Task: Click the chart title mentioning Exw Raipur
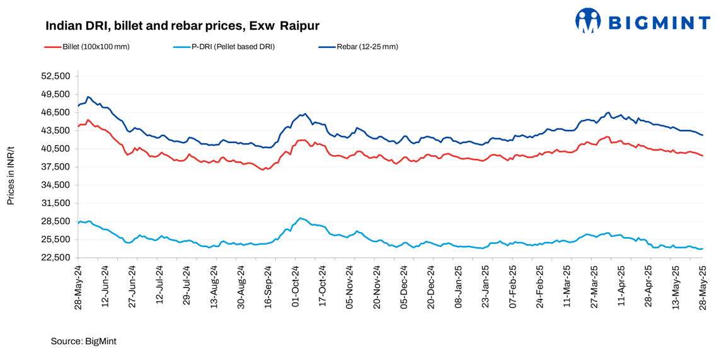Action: coord(182,26)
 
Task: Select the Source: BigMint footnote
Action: coord(83,340)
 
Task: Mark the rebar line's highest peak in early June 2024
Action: coord(88,96)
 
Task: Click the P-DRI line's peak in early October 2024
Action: coord(301,218)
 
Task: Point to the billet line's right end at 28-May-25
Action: coord(703,156)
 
